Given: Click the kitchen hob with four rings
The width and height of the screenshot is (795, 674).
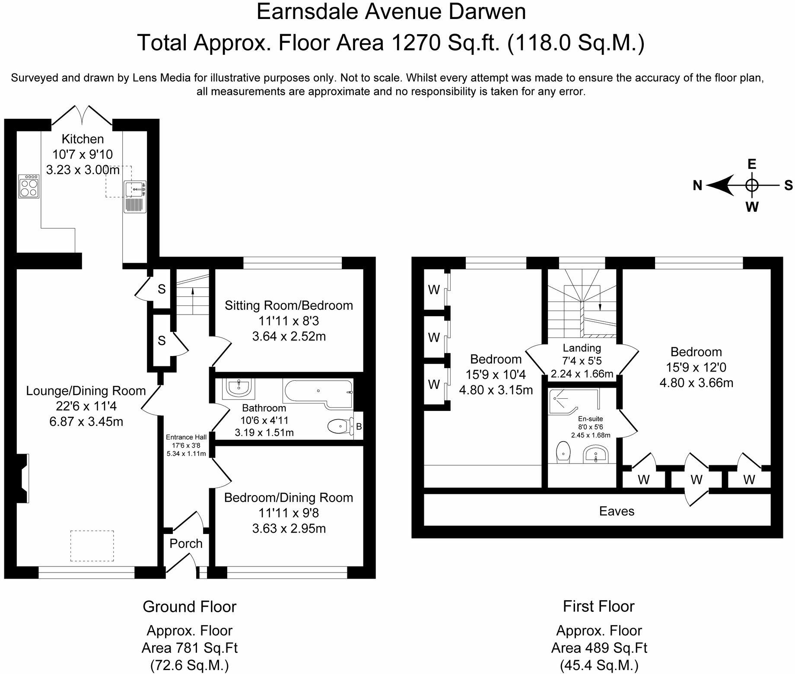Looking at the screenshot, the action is pyautogui.click(x=29, y=186).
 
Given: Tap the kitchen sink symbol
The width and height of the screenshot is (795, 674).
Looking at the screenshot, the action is pyautogui.click(x=135, y=197).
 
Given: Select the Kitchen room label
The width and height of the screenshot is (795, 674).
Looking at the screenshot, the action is pyautogui.click(x=83, y=139).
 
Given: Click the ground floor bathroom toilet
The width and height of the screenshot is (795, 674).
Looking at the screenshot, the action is pyautogui.click(x=338, y=427).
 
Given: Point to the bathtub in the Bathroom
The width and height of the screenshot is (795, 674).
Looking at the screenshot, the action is pyautogui.click(x=318, y=394).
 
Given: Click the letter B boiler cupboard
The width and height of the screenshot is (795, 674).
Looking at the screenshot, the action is pyautogui.click(x=359, y=427).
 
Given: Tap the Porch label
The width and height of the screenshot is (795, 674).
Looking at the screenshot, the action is pyautogui.click(x=186, y=544).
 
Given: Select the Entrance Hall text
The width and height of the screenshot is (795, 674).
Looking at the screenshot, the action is pyautogui.click(x=186, y=437).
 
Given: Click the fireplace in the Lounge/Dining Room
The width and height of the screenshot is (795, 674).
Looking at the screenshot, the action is pyautogui.click(x=23, y=478).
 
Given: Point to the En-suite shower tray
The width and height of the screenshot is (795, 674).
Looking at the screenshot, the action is pyautogui.click(x=574, y=402).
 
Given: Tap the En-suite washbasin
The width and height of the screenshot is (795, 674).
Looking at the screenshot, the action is pyautogui.click(x=596, y=455).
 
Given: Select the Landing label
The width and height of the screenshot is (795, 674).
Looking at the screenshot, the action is pyautogui.click(x=582, y=348).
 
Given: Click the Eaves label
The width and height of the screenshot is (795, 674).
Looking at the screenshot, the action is pyautogui.click(x=617, y=512).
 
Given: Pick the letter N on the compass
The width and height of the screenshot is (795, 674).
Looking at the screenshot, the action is pyautogui.click(x=697, y=186).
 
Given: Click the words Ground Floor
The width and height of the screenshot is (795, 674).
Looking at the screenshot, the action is pyautogui.click(x=190, y=607).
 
